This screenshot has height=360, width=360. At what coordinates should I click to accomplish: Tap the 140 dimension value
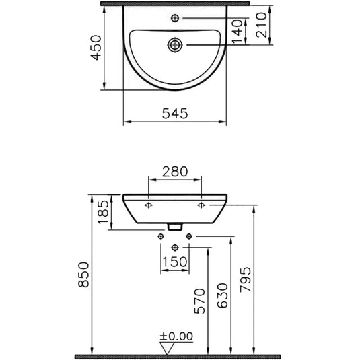coord(236,32)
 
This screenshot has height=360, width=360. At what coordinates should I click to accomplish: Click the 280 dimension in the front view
coord(174,172)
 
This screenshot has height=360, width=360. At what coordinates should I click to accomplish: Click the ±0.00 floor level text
coord(176,336)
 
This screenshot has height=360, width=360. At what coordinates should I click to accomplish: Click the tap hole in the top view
coord(175,17)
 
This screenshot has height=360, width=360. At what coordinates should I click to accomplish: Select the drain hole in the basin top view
coord(175,46)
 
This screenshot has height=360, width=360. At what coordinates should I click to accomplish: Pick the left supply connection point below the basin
coord(160,236)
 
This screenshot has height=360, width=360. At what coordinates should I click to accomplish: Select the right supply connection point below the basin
coord(189,236)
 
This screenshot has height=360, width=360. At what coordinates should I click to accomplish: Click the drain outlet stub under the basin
coord(175,227)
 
